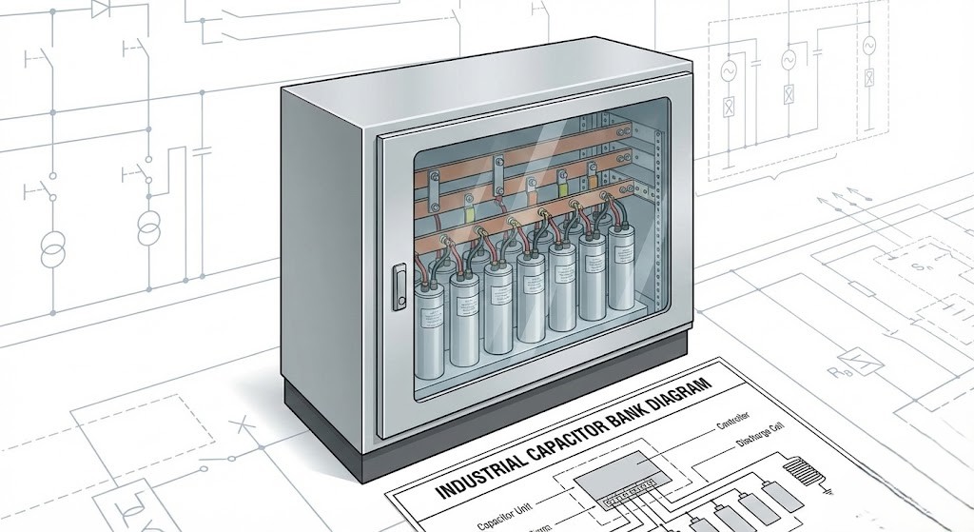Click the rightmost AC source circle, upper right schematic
(867, 46)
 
